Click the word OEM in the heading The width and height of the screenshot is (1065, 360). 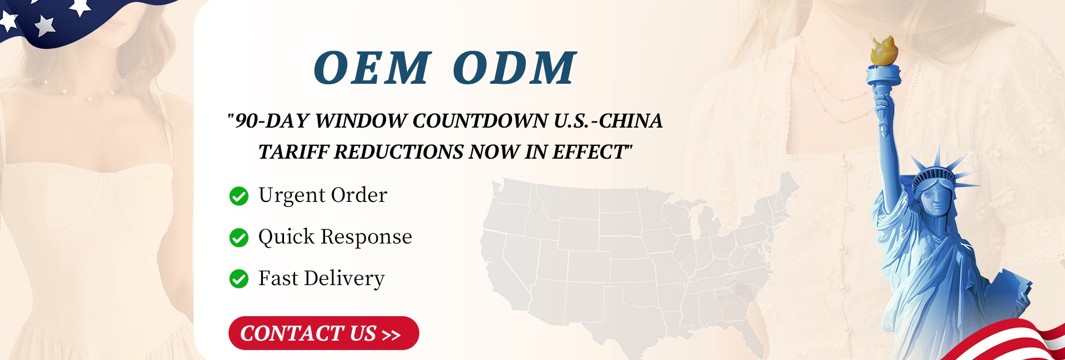(x=372, y=68)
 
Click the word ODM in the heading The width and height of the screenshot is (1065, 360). (x=515, y=68)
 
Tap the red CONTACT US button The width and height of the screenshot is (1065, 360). (x=323, y=333)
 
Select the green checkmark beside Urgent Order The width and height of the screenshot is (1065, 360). (x=239, y=196)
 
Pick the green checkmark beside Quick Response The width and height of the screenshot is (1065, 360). (x=239, y=237)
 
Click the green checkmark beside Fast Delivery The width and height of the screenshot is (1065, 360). (x=239, y=279)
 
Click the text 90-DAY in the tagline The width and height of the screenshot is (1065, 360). (x=272, y=121)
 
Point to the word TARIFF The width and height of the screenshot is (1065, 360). (x=293, y=152)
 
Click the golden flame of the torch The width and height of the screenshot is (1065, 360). (x=884, y=50)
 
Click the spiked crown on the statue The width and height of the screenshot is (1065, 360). (x=937, y=172)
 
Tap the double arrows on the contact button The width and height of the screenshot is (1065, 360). (x=391, y=335)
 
